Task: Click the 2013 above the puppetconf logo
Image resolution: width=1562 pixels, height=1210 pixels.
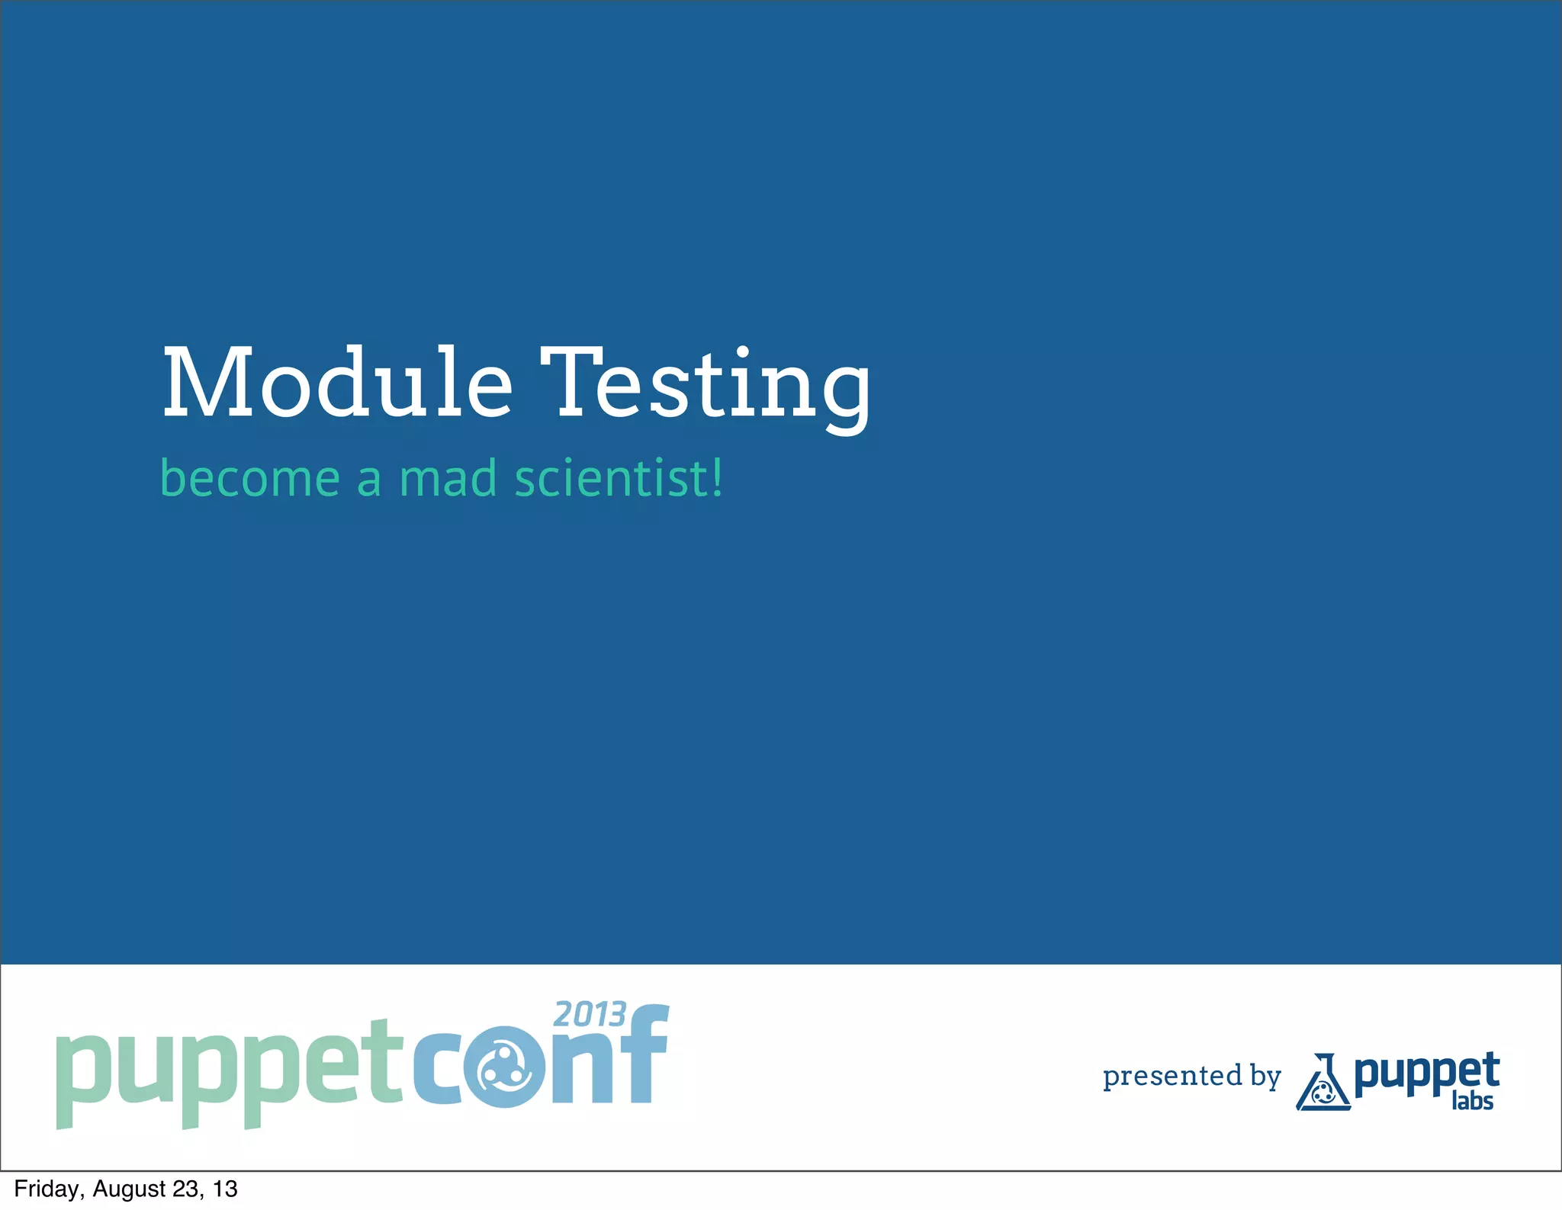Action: (x=589, y=1015)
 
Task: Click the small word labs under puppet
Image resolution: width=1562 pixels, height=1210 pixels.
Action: (x=1472, y=1102)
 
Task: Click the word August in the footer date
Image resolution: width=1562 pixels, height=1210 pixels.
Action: (x=129, y=1189)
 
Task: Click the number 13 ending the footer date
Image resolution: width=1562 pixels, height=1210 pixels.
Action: (x=225, y=1189)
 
